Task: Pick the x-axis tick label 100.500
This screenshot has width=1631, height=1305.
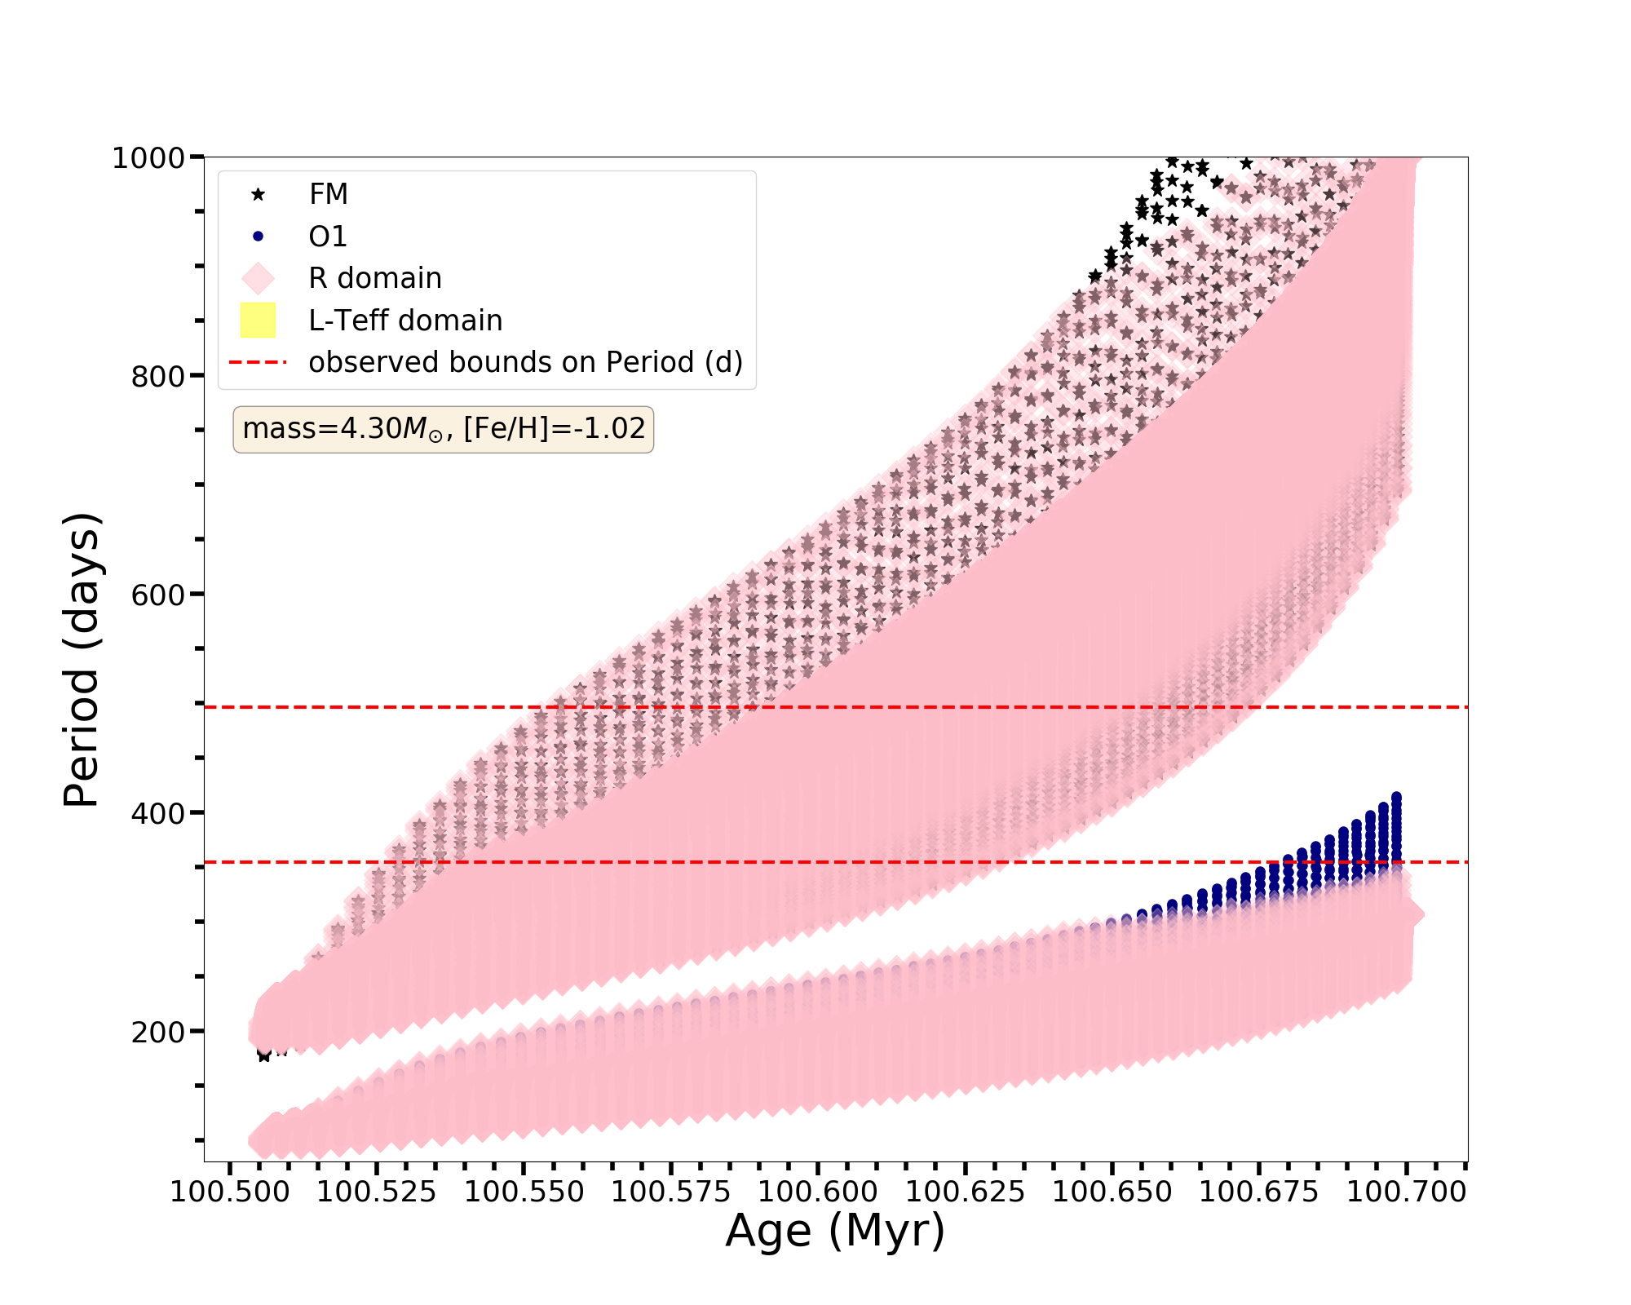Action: [x=230, y=1192]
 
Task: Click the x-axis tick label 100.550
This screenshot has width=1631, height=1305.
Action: [x=524, y=1192]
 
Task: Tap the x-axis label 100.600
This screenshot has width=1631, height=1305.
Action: [x=818, y=1192]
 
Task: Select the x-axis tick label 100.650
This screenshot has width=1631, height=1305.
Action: [x=1112, y=1192]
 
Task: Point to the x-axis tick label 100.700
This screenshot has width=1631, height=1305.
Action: [x=1407, y=1192]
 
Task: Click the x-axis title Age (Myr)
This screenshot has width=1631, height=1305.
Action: [x=835, y=1231]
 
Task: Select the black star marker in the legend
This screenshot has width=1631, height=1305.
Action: [x=258, y=194]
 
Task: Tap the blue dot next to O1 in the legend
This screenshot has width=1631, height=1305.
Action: [x=258, y=237]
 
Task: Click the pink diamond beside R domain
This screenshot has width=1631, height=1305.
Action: [x=258, y=278]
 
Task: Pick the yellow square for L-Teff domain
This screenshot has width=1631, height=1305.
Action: [x=258, y=321]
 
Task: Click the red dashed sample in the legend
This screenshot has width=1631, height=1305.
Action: [x=258, y=362]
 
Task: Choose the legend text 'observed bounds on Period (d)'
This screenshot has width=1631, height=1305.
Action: [x=525, y=362]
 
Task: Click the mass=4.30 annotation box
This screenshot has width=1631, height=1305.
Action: [x=444, y=429]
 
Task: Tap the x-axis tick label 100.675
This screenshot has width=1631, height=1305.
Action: [x=1259, y=1192]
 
